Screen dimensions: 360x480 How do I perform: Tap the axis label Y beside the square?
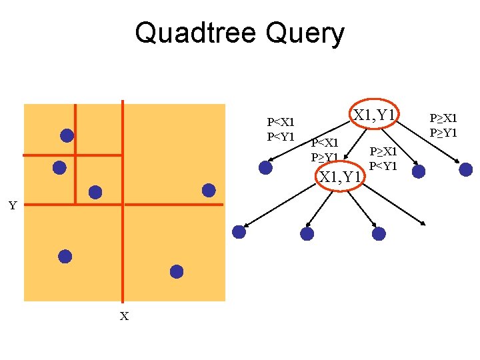(x=13, y=205)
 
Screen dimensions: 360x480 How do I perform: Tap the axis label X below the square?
(x=124, y=316)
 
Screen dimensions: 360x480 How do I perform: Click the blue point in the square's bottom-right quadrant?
(x=176, y=271)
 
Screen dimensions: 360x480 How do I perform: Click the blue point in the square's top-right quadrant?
(x=209, y=190)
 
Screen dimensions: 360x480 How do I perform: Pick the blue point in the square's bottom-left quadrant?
(x=65, y=256)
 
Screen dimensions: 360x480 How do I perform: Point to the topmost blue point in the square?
(x=67, y=135)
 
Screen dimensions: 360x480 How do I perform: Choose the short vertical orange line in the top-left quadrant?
(x=75, y=180)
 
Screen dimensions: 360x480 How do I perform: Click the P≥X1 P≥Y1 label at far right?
(x=443, y=125)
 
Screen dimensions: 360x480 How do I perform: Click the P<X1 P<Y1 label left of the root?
(x=281, y=129)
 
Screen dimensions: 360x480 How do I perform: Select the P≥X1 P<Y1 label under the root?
(x=383, y=159)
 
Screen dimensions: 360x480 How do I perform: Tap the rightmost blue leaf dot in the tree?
(x=466, y=169)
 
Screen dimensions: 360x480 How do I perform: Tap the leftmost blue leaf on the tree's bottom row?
(x=239, y=232)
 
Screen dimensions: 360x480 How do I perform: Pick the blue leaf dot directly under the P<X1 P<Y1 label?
(x=265, y=167)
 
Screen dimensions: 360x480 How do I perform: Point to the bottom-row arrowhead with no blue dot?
(x=424, y=223)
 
